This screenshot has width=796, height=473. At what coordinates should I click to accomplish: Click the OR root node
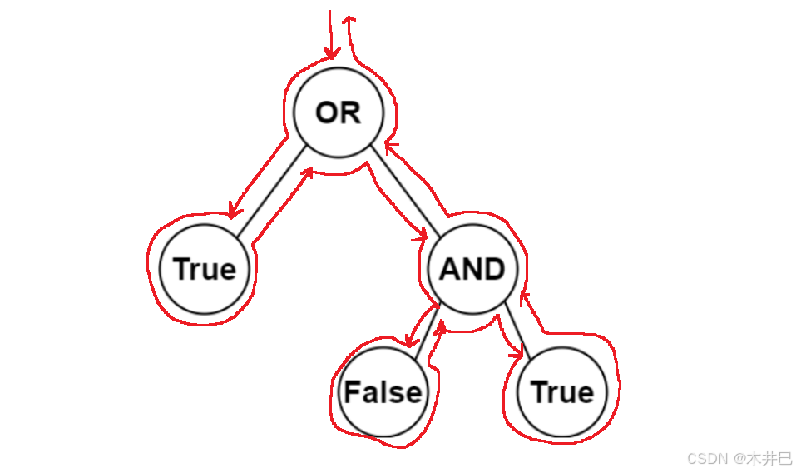[339, 112]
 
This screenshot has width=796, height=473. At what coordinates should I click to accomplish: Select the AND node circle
[472, 269]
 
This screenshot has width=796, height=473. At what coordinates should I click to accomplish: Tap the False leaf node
[383, 392]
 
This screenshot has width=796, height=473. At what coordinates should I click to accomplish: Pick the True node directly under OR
[205, 269]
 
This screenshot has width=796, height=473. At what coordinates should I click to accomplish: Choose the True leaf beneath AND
[562, 392]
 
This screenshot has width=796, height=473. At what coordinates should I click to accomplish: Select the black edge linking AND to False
[426, 332]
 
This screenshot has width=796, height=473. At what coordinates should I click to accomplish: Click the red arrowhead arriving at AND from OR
[419, 237]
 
